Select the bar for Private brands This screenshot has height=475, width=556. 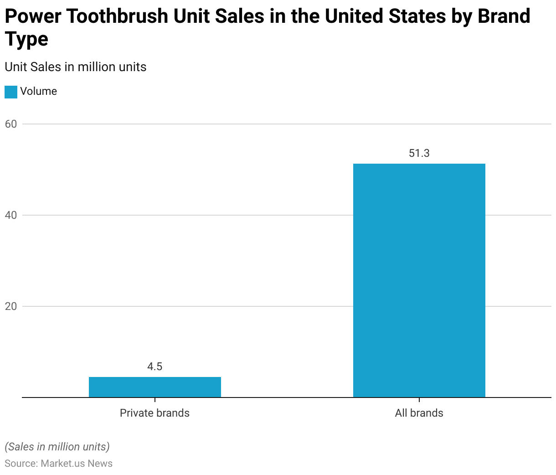click(x=155, y=387)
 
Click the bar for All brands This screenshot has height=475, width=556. click(x=419, y=280)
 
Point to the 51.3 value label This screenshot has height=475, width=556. click(x=419, y=153)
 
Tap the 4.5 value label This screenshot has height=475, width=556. click(x=155, y=367)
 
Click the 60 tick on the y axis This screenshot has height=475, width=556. click(x=11, y=124)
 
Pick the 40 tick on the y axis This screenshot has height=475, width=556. click(x=11, y=215)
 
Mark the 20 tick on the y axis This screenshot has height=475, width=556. click(x=11, y=306)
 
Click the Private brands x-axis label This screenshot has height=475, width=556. click(x=154, y=413)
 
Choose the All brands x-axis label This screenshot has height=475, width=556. click(x=419, y=413)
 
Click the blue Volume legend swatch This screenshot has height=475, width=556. click(x=11, y=92)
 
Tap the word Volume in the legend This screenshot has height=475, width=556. click(x=39, y=91)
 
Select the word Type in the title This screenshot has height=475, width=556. click(x=26, y=40)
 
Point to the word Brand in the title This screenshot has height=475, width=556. click(x=504, y=17)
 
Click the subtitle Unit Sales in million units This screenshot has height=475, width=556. click(x=76, y=67)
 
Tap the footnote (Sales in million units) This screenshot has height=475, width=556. click(x=57, y=447)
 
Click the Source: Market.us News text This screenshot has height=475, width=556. click(x=59, y=464)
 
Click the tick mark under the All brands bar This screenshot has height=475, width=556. click(x=419, y=400)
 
